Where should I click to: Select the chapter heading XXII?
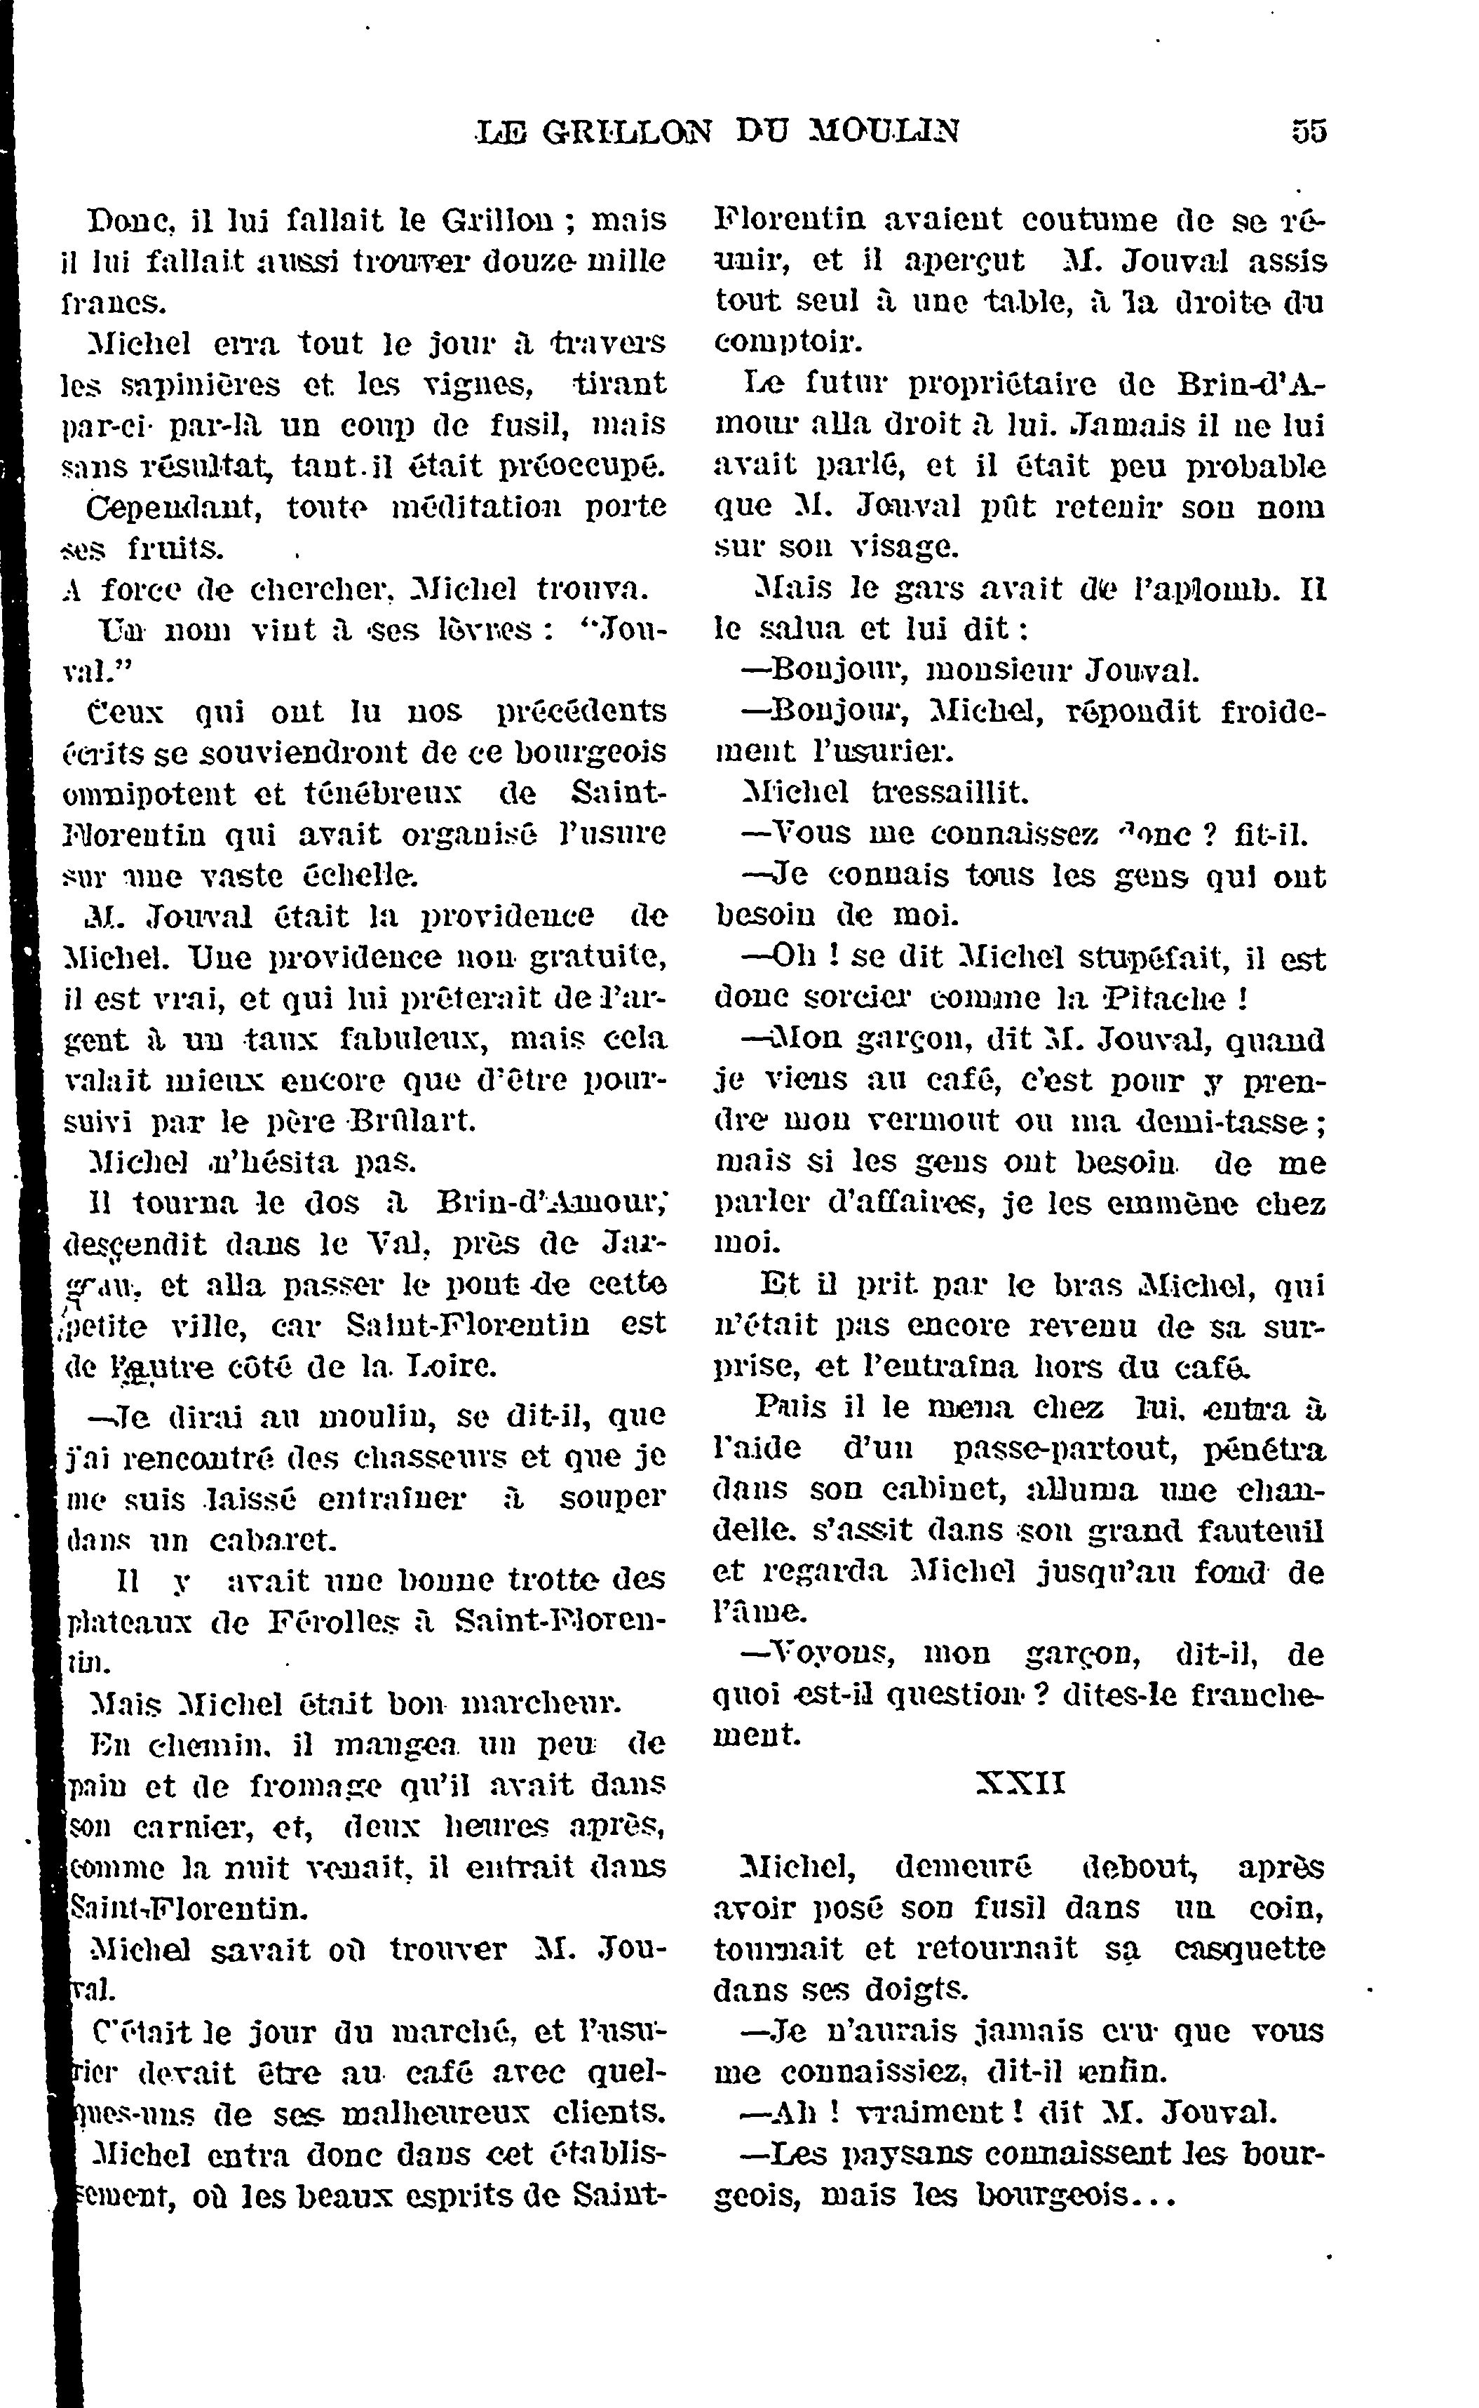point(1020,1783)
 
